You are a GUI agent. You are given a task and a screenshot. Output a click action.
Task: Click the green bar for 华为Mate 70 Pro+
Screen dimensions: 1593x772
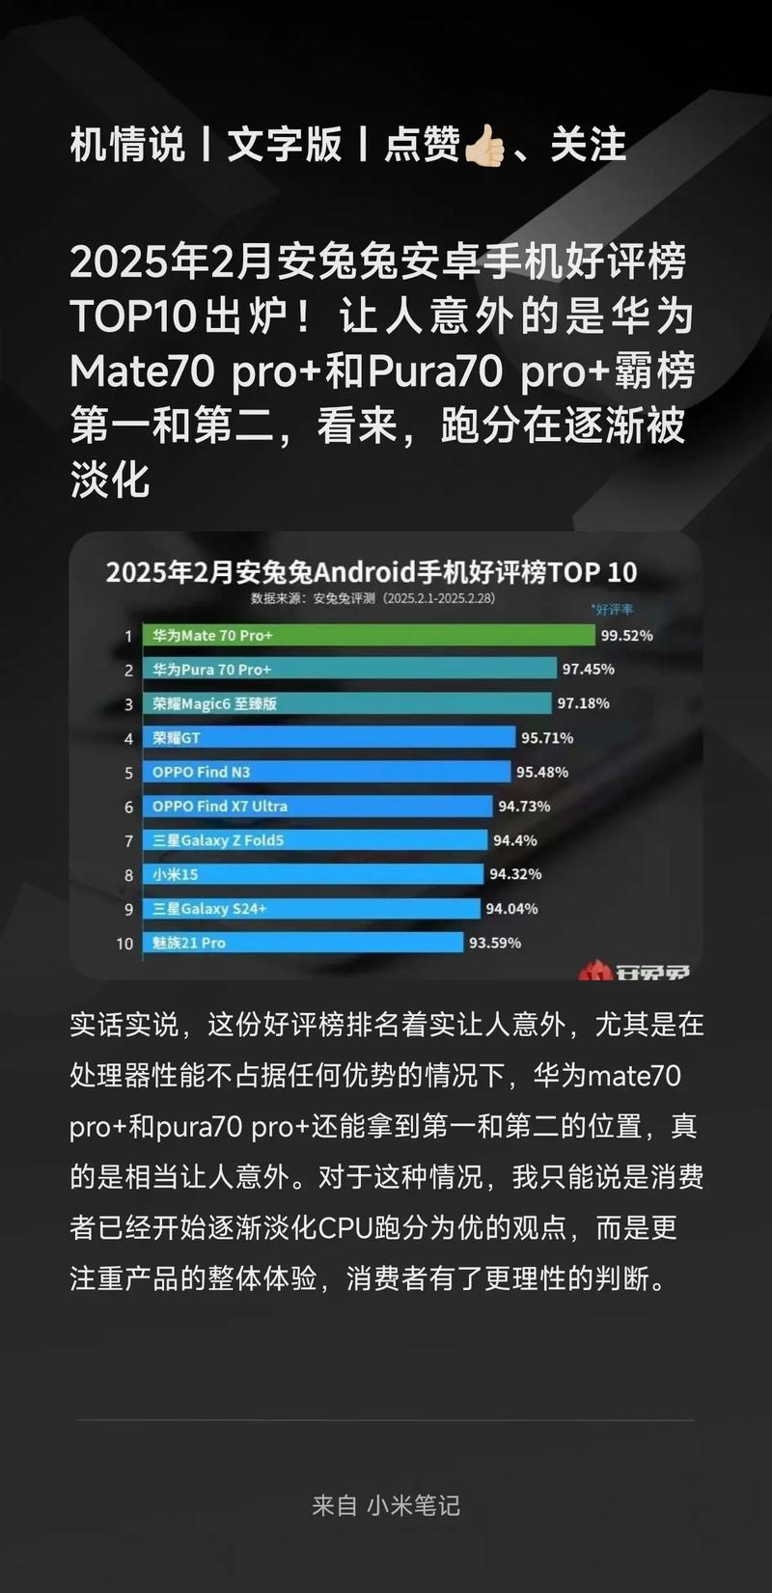[x=369, y=635]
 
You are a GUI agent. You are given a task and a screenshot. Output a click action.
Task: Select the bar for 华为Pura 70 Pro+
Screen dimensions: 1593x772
[x=349, y=669]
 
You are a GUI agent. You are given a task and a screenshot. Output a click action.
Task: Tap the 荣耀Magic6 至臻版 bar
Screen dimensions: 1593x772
[x=347, y=703]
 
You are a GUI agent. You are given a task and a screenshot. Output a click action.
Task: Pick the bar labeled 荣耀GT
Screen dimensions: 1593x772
[x=329, y=738]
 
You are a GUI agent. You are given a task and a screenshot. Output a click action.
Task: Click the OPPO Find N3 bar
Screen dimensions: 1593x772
[x=326, y=772]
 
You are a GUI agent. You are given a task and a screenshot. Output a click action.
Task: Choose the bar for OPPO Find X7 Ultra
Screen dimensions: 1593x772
[x=317, y=806]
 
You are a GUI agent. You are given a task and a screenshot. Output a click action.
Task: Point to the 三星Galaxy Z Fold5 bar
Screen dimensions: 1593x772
[x=315, y=840]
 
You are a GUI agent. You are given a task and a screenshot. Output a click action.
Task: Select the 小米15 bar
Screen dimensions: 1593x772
[x=313, y=874]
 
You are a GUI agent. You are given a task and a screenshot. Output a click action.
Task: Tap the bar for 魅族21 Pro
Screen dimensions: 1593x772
[x=303, y=943]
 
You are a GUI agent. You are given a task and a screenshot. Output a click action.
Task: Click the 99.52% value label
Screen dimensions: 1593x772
[x=626, y=635]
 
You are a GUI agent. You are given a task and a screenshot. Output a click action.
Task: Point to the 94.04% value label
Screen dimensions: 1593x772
[x=511, y=909]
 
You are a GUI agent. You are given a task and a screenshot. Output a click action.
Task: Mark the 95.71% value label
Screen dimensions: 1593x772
[x=547, y=738]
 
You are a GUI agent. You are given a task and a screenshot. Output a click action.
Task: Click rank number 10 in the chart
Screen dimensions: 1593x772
[x=124, y=944]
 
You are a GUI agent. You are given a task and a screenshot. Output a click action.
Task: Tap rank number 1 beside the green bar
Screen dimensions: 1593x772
[x=127, y=636]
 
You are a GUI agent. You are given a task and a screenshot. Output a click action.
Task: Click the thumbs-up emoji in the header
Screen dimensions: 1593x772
[x=484, y=147]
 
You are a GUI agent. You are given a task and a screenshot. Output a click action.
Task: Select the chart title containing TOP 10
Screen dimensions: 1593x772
[x=372, y=572]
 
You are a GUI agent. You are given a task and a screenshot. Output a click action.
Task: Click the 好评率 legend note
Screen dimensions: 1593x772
[x=612, y=610]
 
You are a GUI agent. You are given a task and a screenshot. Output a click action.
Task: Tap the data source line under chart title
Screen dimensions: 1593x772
[x=372, y=598]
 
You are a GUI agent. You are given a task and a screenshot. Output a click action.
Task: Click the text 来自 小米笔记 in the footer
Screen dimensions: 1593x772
[x=386, y=1505]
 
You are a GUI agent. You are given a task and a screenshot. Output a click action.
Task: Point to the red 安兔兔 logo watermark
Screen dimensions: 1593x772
[x=634, y=971]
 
